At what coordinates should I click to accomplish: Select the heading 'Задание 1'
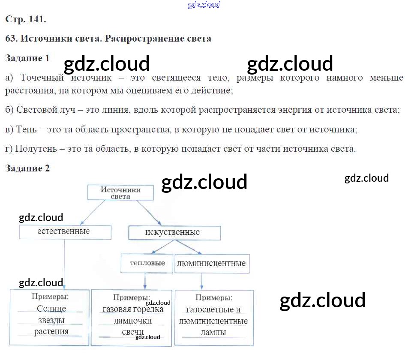tap(27, 58)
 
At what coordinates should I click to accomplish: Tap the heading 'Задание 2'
tap(27, 168)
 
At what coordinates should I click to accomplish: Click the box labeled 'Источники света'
tap(120, 192)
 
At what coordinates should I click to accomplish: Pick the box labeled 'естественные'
tap(65, 232)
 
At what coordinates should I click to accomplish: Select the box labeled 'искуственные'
tap(174, 233)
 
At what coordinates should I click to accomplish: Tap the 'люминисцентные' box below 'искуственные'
tap(211, 263)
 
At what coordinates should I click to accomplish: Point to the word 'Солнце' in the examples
tap(51, 309)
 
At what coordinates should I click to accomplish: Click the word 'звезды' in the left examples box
tap(51, 320)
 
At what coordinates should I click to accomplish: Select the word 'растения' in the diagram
tap(51, 331)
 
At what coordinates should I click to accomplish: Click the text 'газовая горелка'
tap(133, 309)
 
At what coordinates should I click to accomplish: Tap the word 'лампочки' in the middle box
tap(132, 321)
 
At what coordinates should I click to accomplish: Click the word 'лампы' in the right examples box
tap(213, 332)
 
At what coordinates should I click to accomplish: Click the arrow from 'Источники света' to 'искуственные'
tap(148, 213)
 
